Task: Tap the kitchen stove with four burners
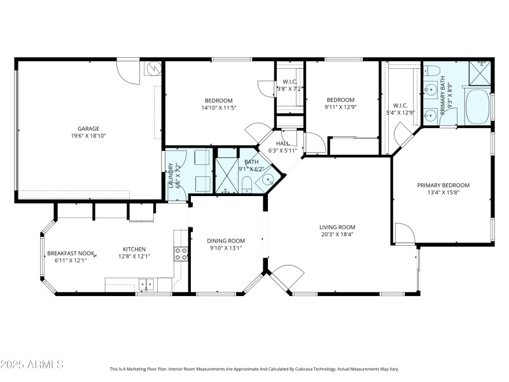tap(181, 254)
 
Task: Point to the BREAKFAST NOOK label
tap(71, 253)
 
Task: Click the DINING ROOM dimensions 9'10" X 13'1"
tap(225, 248)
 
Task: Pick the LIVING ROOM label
tap(337, 227)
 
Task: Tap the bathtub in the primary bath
tap(477, 107)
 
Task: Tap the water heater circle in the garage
tap(153, 67)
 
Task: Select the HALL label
tap(283, 144)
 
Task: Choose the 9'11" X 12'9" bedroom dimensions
tap(340, 108)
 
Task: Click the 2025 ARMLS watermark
tap(32, 365)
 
